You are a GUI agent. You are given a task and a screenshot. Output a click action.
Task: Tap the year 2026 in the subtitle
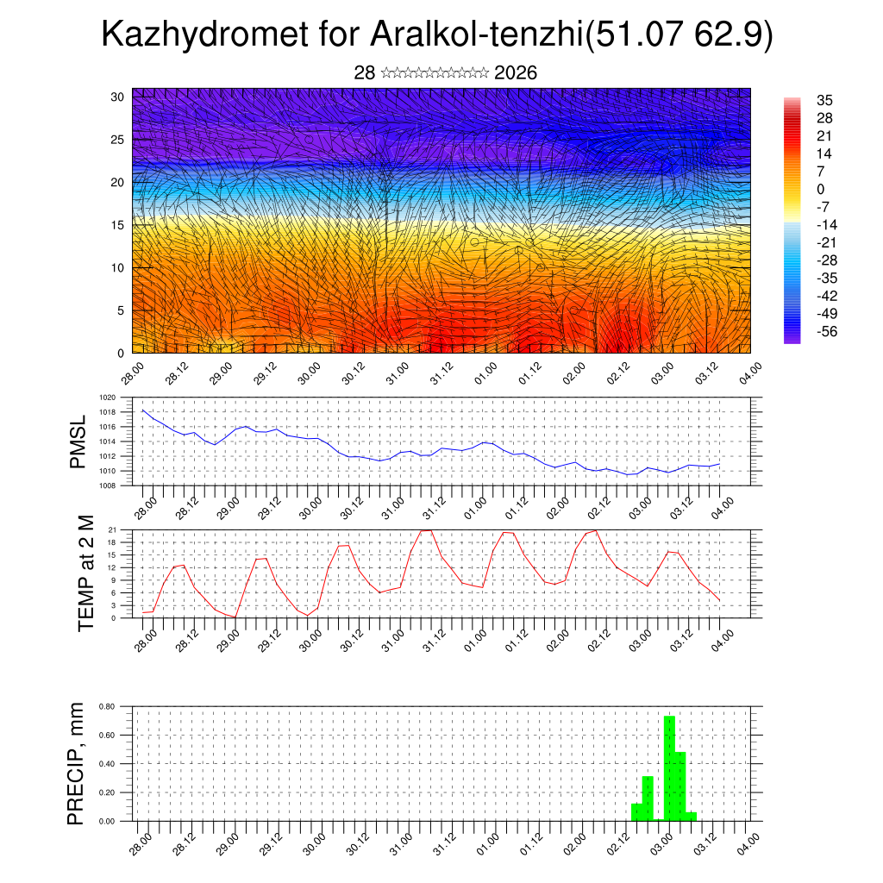(x=516, y=73)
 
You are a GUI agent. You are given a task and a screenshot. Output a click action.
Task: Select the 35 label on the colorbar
(x=826, y=101)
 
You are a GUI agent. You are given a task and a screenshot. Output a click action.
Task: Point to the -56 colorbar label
(x=826, y=331)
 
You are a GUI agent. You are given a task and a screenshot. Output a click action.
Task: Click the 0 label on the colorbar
(x=821, y=190)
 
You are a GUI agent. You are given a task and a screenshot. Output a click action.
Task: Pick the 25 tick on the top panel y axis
(x=119, y=139)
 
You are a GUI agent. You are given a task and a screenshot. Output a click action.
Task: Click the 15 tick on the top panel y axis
(x=119, y=225)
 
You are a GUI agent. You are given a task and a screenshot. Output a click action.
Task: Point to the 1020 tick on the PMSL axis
(x=107, y=398)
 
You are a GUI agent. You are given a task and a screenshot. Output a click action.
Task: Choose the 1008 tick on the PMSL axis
(x=107, y=485)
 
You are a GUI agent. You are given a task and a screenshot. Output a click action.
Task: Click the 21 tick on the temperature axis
(x=112, y=529)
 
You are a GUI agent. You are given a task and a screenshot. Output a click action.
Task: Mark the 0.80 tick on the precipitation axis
(x=107, y=706)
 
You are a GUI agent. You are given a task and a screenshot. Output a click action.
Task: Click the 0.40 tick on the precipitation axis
(x=107, y=764)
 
